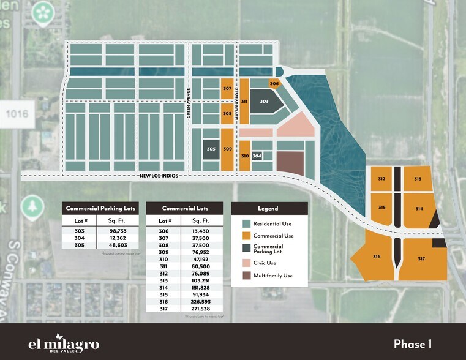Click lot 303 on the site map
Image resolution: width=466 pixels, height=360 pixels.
(x=265, y=101)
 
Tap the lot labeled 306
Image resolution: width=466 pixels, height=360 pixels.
(x=274, y=84)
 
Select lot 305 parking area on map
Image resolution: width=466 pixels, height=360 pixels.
(x=211, y=149)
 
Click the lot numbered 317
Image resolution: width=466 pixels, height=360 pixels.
(x=421, y=259)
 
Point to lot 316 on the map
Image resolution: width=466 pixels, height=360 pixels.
(x=377, y=257)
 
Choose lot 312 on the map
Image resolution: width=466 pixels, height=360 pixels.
(x=381, y=179)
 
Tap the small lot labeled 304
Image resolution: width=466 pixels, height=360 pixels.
(x=257, y=156)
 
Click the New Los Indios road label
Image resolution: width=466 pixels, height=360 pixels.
(x=158, y=176)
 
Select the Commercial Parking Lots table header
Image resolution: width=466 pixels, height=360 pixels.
(x=100, y=208)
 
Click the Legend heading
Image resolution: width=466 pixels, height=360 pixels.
(x=269, y=208)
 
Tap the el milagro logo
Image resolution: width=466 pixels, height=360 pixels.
(x=64, y=342)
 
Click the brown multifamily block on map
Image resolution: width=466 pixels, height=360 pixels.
(x=290, y=163)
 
